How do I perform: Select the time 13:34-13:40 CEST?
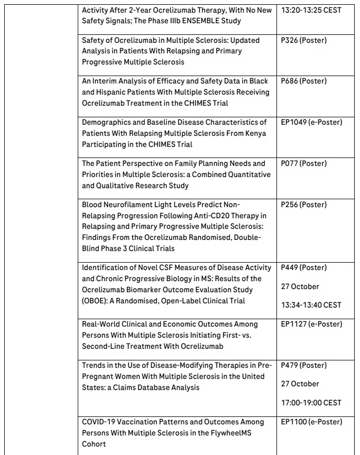tap(311, 305)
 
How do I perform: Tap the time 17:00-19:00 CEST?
tap(311, 403)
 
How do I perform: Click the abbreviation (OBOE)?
tap(96, 301)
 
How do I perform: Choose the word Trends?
tap(94, 365)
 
